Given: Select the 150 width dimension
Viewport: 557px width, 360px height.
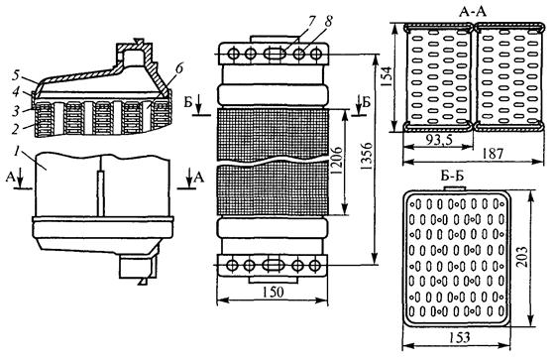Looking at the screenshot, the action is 274,293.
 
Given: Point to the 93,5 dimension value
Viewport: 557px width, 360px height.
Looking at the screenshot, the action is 439,141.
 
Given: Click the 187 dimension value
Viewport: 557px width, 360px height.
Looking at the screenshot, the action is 494,154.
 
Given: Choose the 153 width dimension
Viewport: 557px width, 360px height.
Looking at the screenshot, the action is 458,337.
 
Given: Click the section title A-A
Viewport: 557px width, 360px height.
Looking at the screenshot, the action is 473,11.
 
